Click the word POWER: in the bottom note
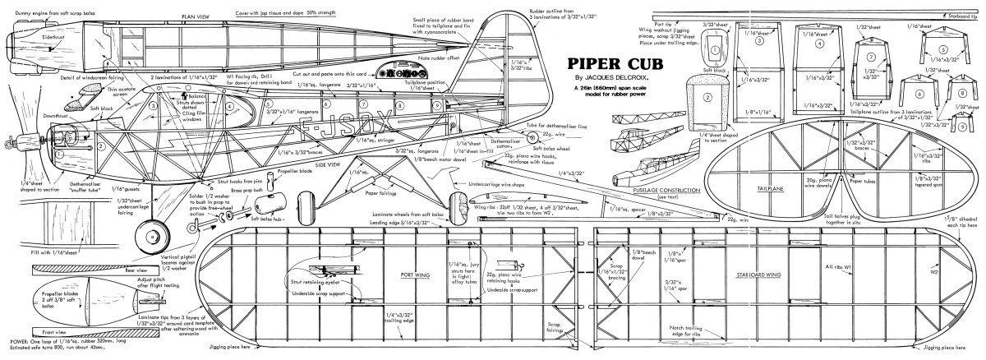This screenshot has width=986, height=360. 16,350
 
